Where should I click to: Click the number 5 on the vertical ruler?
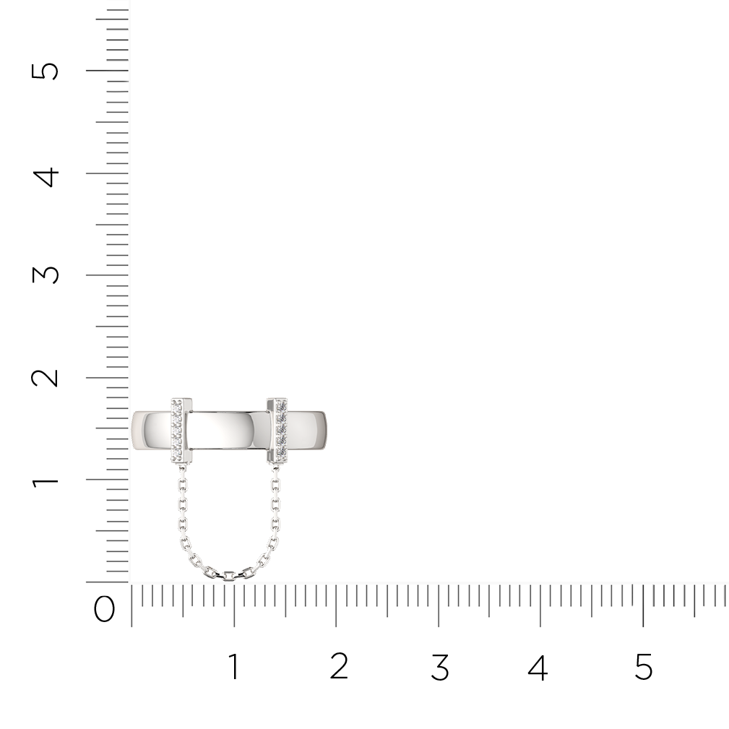[x=45, y=71]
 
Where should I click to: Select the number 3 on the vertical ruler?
[x=45, y=275]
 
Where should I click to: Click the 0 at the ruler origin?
[x=104, y=609]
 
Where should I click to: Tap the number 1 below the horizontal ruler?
[x=234, y=666]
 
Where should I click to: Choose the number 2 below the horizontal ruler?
[x=339, y=666]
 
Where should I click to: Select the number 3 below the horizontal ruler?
[x=440, y=666]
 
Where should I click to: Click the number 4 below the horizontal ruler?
[x=538, y=666]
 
